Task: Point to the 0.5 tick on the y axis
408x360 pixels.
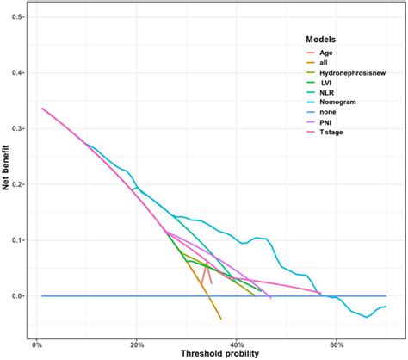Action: pyautogui.click(x=17, y=17)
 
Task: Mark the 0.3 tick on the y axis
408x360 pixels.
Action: pyautogui.click(x=17, y=128)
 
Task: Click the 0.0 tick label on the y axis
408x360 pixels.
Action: pyautogui.click(x=17, y=296)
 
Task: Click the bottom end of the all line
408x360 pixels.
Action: pyautogui.click(x=221, y=319)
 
